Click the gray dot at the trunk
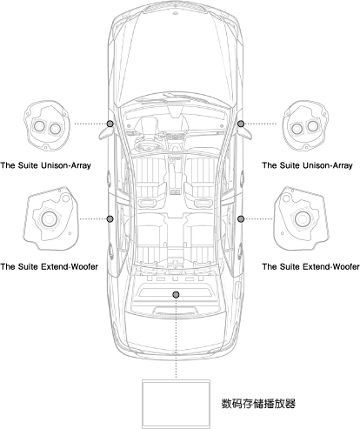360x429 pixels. tap(176, 295)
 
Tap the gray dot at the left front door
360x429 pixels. tap(110, 124)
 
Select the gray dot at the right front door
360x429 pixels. tap(241, 124)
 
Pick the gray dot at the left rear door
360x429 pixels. tap(110, 219)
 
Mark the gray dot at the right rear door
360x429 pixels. tap(241, 219)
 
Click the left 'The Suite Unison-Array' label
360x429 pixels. tap(46, 165)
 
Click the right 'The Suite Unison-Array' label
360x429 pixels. tap(307, 165)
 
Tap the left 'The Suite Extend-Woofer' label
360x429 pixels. tap(49, 266)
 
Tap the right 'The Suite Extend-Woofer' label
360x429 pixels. tap(310, 266)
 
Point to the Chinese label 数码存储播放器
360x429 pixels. tap(258, 404)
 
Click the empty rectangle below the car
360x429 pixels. tap(176, 404)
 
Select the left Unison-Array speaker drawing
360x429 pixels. tap(46, 125)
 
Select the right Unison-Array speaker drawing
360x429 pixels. tap(305, 125)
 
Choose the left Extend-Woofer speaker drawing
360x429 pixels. tap(50, 218)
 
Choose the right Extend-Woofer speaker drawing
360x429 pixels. tap(302, 218)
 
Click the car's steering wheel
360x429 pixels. tap(148, 144)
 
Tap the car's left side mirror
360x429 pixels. tap(105, 132)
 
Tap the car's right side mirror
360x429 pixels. tap(245, 132)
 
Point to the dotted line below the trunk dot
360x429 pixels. tap(176, 339)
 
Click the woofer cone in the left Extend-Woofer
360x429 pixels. tap(49, 219)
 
